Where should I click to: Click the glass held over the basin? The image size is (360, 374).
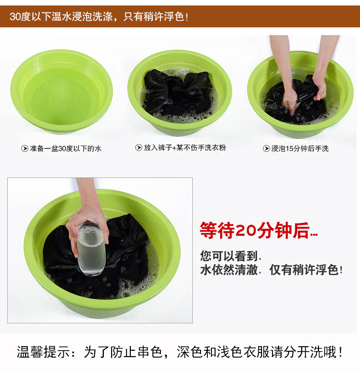click(91, 249)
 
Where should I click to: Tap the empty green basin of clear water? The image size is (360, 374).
click(62, 91)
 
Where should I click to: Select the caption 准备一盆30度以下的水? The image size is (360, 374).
click(66, 149)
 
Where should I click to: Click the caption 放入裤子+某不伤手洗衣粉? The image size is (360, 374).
click(185, 148)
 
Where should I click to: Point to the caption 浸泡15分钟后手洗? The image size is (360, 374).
click(300, 149)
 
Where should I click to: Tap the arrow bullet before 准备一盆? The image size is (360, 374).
click(25, 149)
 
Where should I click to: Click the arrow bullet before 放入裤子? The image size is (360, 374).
click(139, 148)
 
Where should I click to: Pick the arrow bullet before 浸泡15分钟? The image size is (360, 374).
click(266, 149)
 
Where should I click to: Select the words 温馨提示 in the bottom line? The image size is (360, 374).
click(44, 352)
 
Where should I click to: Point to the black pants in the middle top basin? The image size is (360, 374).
click(178, 93)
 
